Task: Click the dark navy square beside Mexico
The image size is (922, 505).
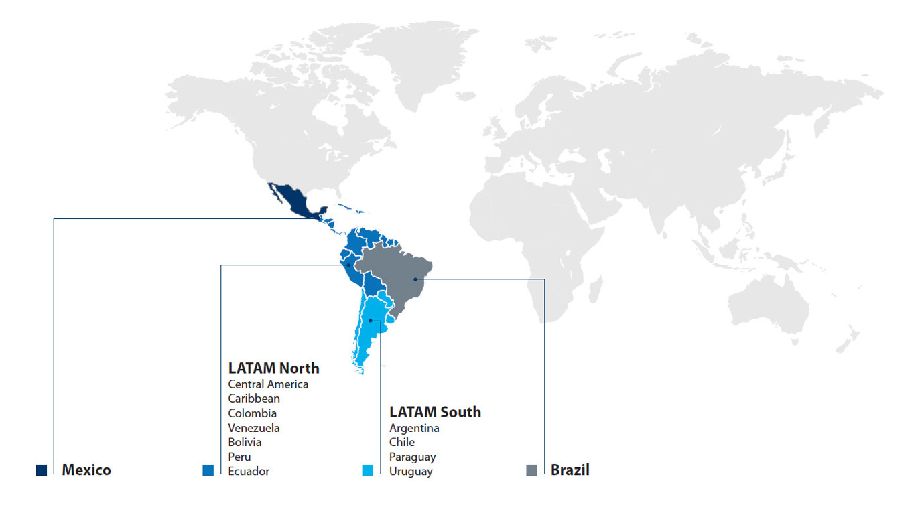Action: (x=42, y=470)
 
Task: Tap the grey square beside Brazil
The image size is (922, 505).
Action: (x=532, y=470)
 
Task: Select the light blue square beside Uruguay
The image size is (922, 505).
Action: (x=367, y=470)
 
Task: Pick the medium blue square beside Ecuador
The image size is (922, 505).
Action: (x=208, y=470)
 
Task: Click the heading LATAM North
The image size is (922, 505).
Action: (x=273, y=368)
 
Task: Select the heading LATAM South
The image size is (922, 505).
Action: (x=435, y=412)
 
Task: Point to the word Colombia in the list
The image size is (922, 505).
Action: (x=252, y=413)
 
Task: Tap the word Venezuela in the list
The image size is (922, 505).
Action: (x=254, y=428)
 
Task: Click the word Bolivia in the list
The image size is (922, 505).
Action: (x=245, y=442)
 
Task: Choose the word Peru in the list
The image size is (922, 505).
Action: (x=239, y=457)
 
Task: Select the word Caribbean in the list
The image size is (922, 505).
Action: (x=254, y=399)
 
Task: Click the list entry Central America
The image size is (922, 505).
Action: (x=268, y=384)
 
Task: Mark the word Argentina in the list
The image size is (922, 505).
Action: (x=414, y=428)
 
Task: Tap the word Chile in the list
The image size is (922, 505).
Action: (x=402, y=442)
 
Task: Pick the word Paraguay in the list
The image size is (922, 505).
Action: (x=412, y=457)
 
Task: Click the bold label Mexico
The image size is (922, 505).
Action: (x=86, y=470)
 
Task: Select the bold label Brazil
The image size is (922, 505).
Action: (x=570, y=470)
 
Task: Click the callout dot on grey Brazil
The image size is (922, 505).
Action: (x=415, y=279)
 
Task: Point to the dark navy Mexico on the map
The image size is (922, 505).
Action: (x=295, y=200)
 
